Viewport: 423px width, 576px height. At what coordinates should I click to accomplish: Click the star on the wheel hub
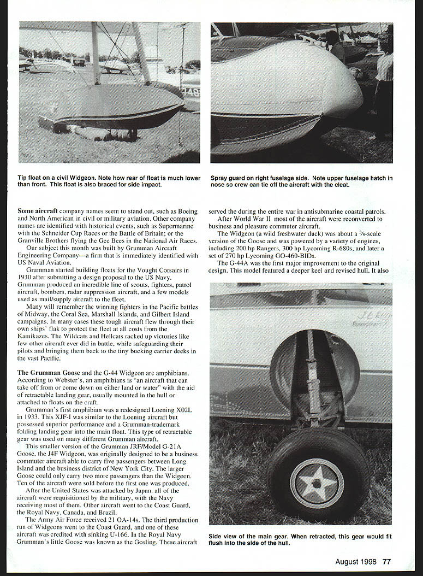click(x=317, y=483)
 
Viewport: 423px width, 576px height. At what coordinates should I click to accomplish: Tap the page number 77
click(x=386, y=561)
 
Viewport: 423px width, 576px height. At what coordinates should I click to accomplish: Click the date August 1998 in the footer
click(x=356, y=561)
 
